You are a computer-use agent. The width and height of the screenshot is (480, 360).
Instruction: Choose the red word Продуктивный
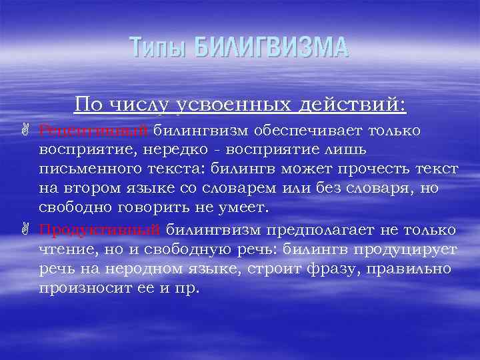tap(99, 230)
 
